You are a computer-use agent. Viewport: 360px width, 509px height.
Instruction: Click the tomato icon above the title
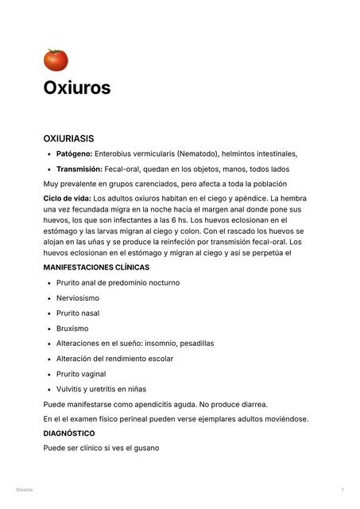(56, 60)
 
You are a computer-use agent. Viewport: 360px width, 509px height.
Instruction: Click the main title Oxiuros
(76, 87)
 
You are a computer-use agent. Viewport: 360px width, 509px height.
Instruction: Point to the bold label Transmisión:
(79, 169)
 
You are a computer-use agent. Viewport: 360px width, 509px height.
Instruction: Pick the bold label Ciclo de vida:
(67, 197)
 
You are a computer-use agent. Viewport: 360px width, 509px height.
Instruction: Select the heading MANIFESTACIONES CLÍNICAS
(95, 267)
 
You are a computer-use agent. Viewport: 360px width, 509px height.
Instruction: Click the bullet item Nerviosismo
(78, 297)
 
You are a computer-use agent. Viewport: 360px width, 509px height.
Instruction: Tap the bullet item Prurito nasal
(78, 313)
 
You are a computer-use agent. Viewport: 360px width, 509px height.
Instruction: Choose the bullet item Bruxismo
(72, 328)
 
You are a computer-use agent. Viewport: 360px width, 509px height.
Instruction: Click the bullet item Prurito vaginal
(81, 374)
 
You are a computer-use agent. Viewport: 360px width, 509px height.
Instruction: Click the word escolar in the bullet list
(160, 359)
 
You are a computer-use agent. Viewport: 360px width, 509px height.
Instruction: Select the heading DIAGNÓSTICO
(69, 433)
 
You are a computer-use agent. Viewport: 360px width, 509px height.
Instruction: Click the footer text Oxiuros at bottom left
(24, 490)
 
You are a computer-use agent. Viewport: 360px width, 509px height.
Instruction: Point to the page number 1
(342, 490)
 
